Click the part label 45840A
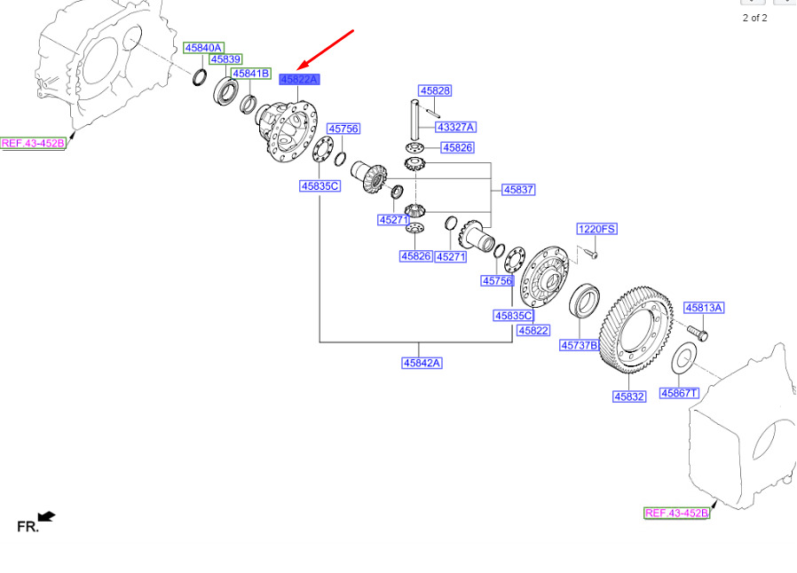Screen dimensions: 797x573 click(x=203, y=48)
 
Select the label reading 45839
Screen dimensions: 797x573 click(x=225, y=59)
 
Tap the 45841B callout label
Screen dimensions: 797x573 click(x=251, y=74)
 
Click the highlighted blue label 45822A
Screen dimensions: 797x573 click(x=299, y=79)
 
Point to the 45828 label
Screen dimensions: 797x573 click(x=435, y=90)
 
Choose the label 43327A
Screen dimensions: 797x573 click(x=456, y=127)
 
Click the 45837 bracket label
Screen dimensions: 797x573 click(x=518, y=190)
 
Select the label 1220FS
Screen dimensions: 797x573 click(x=596, y=229)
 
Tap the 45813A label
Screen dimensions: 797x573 click(x=704, y=308)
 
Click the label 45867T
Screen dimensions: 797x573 click(x=680, y=393)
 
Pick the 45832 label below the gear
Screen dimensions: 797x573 click(x=629, y=396)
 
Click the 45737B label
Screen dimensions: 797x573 click(x=580, y=345)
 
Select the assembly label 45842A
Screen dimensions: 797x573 click(x=422, y=363)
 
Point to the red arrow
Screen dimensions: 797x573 click(x=326, y=50)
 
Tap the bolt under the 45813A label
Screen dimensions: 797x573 click(x=698, y=333)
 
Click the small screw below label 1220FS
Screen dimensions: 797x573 click(x=591, y=253)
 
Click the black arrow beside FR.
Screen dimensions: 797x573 click(x=47, y=516)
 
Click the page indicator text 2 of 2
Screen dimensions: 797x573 click(x=754, y=19)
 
